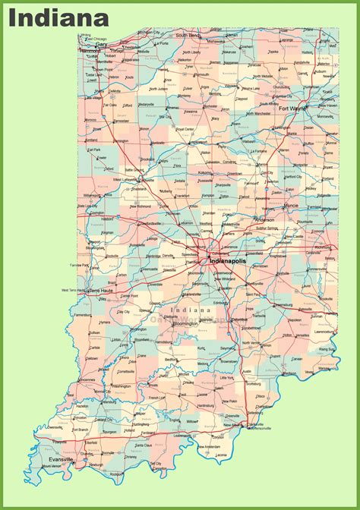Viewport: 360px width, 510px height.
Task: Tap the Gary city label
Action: [x=102, y=44]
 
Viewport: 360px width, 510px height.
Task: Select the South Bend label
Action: [x=188, y=35]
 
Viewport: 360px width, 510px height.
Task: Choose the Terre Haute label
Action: [x=101, y=290]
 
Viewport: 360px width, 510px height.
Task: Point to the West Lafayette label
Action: [x=128, y=179]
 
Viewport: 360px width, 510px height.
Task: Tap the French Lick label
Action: [x=158, y=397]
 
